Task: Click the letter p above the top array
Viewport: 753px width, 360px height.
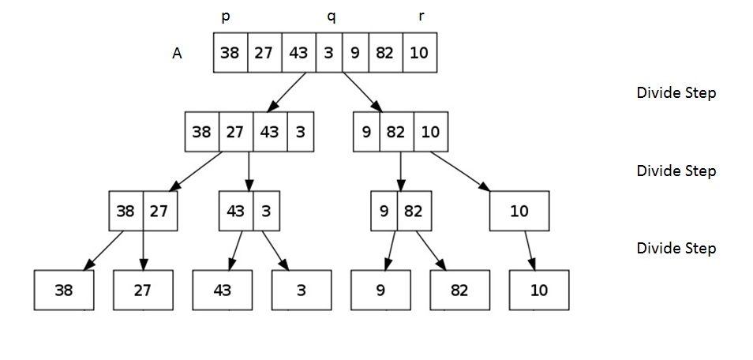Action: tap(226, 17)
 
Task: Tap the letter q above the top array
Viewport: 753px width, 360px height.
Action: tap(332, 17)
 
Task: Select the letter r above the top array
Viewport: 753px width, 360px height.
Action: tap(421, 17)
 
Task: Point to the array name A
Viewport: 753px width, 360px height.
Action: tap(177, 54)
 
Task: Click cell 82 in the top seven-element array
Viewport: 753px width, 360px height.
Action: tap(384, 53)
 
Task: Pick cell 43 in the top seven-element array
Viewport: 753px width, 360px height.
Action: tap(298, 53)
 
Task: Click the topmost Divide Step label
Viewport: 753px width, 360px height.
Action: tap(676, 93)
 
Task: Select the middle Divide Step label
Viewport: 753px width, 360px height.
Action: tap(676, 171)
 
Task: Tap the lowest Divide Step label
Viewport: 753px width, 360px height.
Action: tap(676, 249)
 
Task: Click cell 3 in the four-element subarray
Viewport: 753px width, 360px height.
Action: tap(300, 132)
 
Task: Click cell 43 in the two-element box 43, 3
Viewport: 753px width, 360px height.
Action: tap(236, 212)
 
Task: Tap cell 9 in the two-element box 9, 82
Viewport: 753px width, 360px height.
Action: tap(384, 212)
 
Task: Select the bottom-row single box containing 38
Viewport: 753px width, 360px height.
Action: tap(64, 290)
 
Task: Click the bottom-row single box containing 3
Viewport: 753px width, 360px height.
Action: tap(301, 290)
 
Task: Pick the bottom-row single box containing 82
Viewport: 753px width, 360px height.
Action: tap(459, 290)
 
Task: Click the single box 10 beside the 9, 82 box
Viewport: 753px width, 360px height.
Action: tap(519, 212)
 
